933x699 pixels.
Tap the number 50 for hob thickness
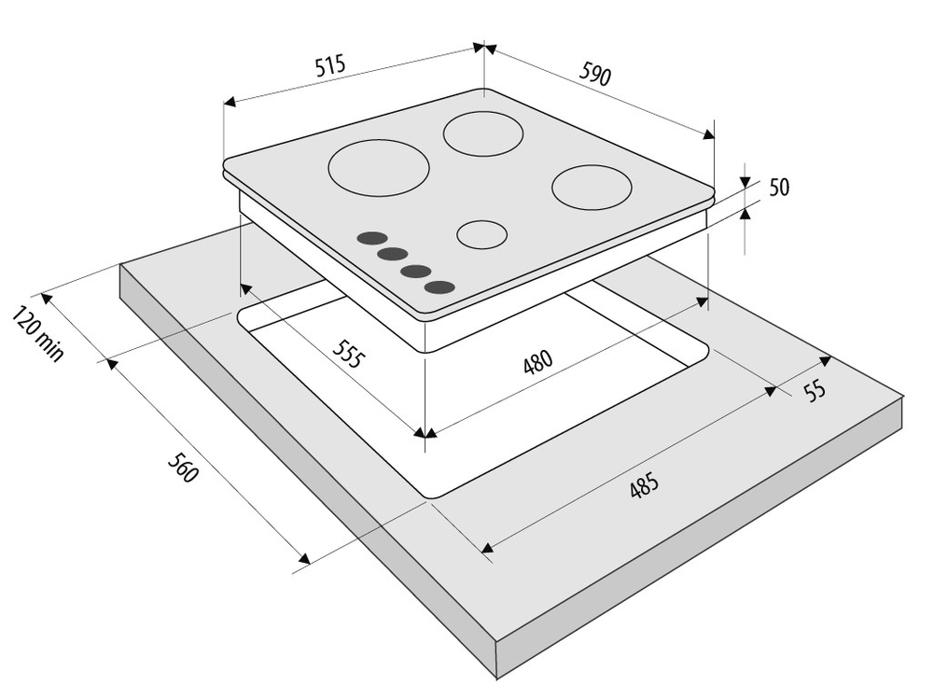pyautogui.click(x=779, y=188)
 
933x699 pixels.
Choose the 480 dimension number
pyautogui.click(x=538, y=361)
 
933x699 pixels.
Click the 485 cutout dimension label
pyautogui.click(x=644, y=485)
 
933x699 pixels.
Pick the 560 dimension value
pyautogui.click(x=182, y=468)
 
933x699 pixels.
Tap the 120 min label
pyautogui.click(x=37, y=333)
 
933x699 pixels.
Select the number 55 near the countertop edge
pyautogui.click(x=815, y=390)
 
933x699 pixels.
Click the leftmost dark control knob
pyautogui.click(x=371, y=239)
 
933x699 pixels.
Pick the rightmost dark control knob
pyautogui.click(x=439, y=287)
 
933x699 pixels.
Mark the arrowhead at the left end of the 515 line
pyautogui.click(x=230, y=103)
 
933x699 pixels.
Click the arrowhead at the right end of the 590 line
pyautogui.click(x=708, y=134)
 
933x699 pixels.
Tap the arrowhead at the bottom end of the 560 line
pyautogui.click(x=305, y=558)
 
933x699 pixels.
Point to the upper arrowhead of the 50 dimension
pyautogui.click(x=745, y=183)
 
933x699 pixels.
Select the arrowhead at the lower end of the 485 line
pyautogui.click(x=487, y=548)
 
